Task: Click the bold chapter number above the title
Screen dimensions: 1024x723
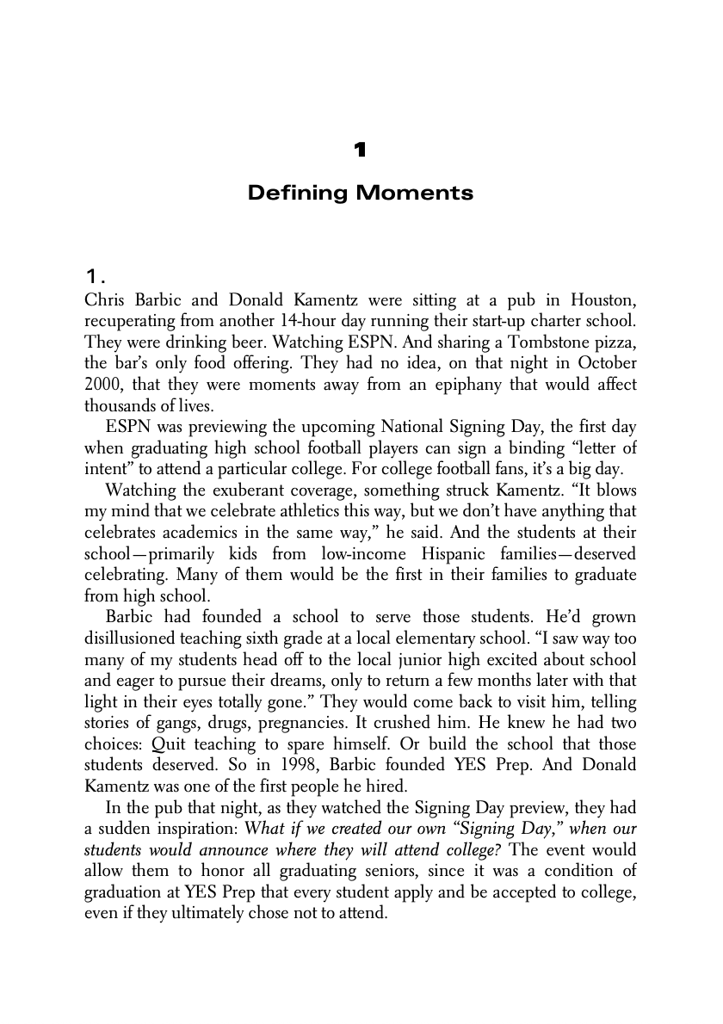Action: (360, 151)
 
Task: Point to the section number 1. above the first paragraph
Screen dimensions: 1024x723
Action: (95, 276)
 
